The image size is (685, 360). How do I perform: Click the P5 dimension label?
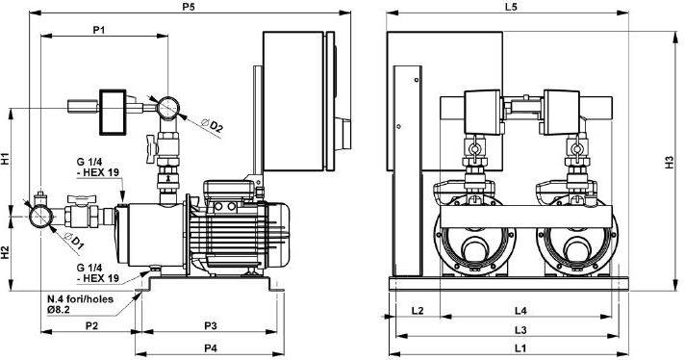click(189, 8)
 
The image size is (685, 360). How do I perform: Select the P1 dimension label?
click(99, 30)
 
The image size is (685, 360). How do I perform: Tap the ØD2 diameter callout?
click(213, 125)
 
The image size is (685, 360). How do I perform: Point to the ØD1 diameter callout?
click(73, 241)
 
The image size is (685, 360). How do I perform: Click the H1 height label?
click(6, 159)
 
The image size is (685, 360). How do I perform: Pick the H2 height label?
click(6, 252)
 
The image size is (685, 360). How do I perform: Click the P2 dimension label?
click(91, 326)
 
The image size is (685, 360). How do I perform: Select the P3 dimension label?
click(211, 326)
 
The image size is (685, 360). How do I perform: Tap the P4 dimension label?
click(211, 348)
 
